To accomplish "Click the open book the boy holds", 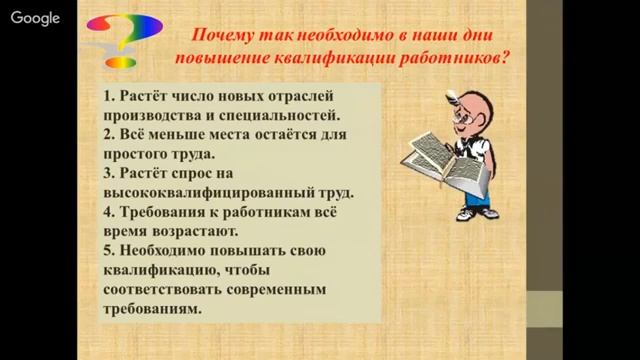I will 441,159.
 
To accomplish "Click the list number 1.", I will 107,98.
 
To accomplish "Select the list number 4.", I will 107,213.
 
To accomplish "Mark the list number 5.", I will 107,251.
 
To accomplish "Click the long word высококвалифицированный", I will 199,194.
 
